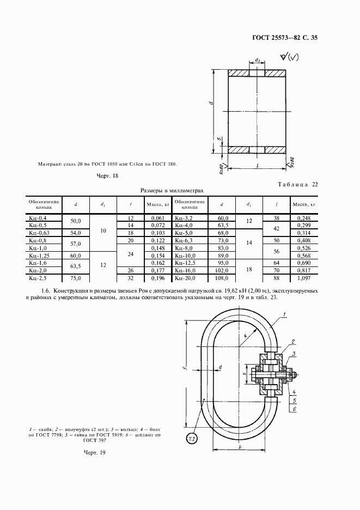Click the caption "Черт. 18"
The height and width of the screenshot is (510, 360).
click(x=107, y=175)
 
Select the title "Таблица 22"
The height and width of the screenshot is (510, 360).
click(x=297, y=184)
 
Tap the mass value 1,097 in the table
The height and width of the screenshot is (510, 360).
click(x=303, y=277)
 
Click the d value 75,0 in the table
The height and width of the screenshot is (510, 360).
click(x=76, y=277)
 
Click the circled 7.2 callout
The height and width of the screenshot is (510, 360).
click(x=191, y=439)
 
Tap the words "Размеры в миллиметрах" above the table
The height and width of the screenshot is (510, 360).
click(x=172, y=191)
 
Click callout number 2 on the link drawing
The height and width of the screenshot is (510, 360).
click(x=293, y=342)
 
